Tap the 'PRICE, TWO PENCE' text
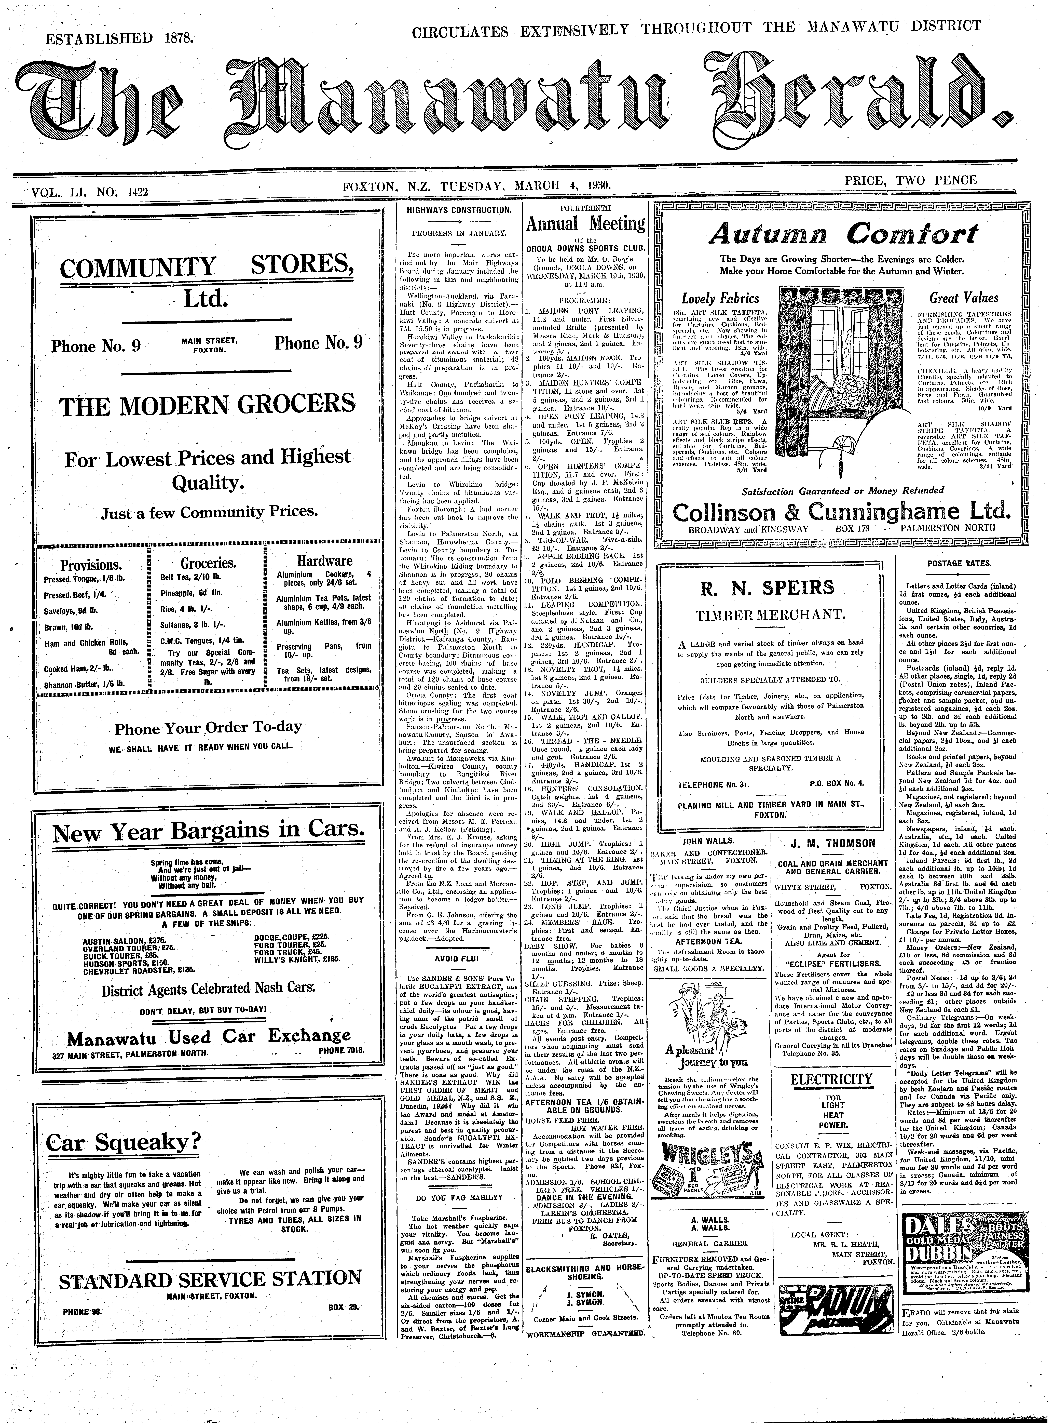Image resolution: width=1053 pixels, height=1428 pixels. (x=910, y=180)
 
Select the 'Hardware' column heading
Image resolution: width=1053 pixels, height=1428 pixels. (x=324, y=561)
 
